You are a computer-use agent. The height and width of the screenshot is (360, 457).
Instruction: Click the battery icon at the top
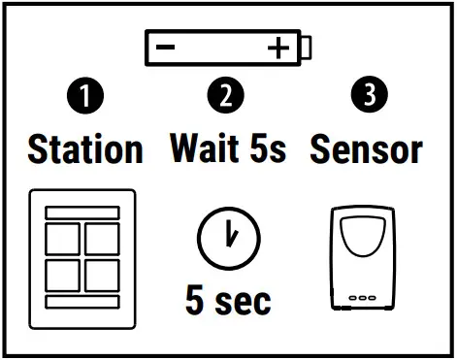[x=227, y=48]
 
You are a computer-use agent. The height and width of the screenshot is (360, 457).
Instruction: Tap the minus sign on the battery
[x=166, y=48]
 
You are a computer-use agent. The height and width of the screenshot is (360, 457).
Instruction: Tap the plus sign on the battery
[x=279, y=48]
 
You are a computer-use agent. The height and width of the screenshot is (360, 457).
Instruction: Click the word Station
[x=85, y=149]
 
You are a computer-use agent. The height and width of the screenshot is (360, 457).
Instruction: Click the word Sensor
[x=366, y=149]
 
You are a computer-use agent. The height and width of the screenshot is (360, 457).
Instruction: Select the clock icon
[x=228, y=238]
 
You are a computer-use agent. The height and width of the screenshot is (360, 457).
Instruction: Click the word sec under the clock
[x=245, y=300]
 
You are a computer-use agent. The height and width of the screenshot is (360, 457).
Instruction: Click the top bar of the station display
[x=82, y=212]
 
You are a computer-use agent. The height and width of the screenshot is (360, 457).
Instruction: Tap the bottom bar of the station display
[x=82, y=302]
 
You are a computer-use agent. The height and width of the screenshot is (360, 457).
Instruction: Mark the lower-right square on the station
[x=100, y=275]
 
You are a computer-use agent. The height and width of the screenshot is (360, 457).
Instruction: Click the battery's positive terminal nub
[x=309, y=48]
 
